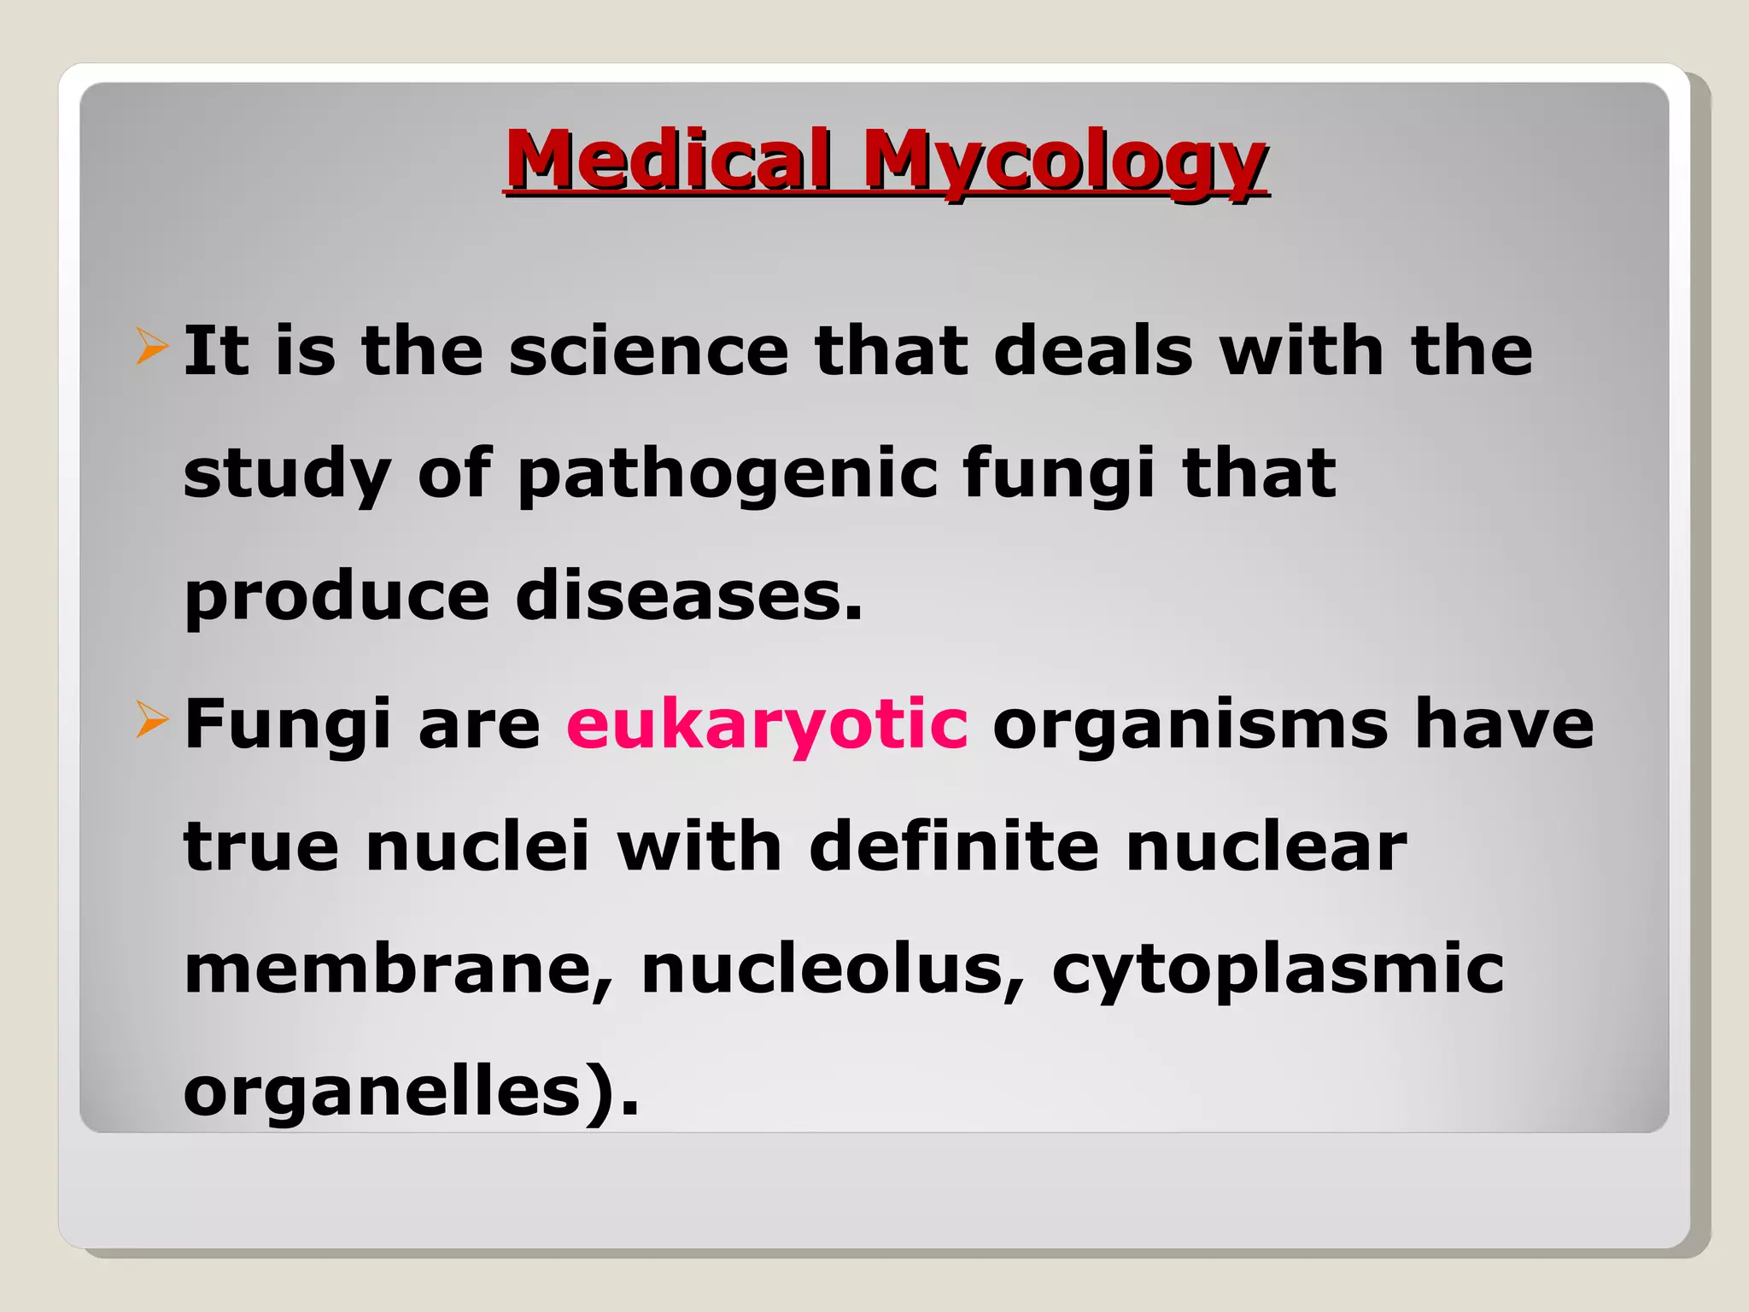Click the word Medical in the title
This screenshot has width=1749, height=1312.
668,160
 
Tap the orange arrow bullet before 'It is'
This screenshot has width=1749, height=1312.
152,348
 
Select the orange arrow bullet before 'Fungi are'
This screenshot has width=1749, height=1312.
152,721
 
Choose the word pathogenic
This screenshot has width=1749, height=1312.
728,475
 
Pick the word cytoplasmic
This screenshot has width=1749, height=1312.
1278,971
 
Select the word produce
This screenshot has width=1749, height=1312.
336,598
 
